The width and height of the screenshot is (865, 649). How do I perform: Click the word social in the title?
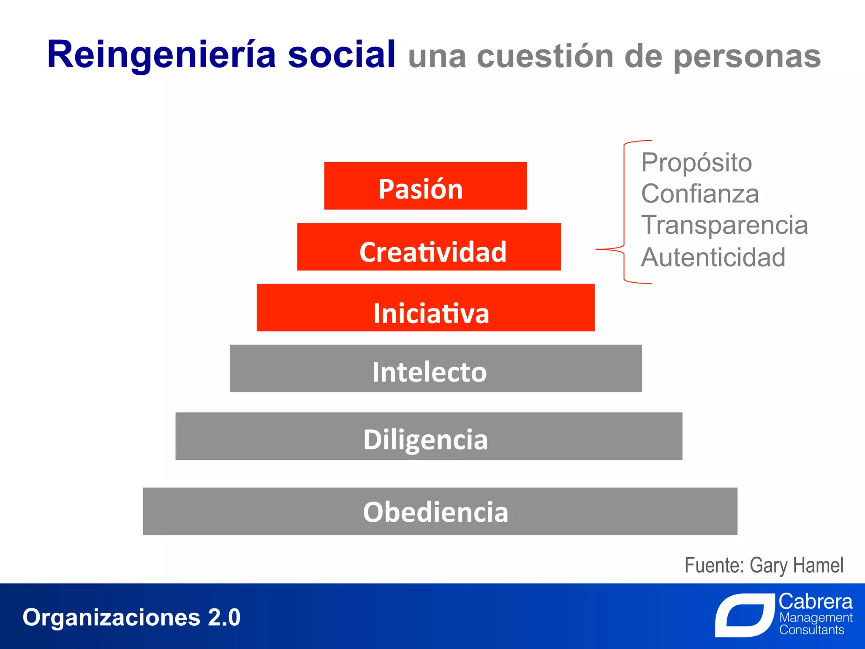coord(341,55)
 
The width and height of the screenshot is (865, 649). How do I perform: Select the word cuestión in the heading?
coord(545,57)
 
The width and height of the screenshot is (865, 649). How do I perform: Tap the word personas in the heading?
coord(747,57)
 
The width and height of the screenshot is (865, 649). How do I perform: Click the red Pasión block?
coord(425,186)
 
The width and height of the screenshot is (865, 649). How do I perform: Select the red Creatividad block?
coord(429,247)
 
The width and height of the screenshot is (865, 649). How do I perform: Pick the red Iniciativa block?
coord(425,308)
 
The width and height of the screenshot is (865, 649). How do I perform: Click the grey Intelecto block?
coord(435,368)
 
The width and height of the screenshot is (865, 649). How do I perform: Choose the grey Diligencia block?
coord(429,436)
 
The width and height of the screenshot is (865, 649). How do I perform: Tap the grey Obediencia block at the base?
coord(440,511)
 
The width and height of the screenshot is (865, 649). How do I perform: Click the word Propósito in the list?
coord(696,163)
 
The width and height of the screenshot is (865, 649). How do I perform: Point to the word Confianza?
coord(700,194)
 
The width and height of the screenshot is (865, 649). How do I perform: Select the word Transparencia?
coord(724,225)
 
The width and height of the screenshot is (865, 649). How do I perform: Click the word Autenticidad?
coord(713,257)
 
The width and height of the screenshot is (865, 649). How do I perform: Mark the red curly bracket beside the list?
coord(624,211)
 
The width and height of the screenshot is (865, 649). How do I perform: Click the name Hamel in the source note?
coord(819,565)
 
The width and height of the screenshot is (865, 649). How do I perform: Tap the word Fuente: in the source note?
coord(714,565)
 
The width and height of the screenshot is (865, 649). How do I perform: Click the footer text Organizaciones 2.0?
coord(131,617)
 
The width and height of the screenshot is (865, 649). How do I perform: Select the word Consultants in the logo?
coord(811,630)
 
